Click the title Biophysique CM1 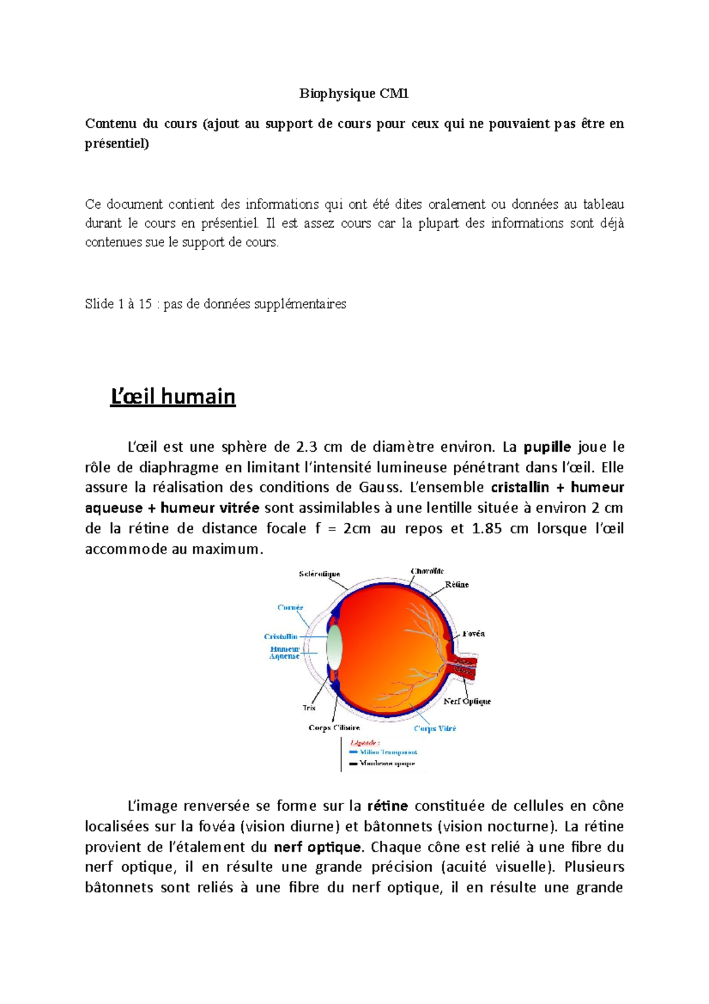click(354, 93)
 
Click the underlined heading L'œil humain click(173, 396)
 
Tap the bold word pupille click(548, 447)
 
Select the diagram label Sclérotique click(319, 574)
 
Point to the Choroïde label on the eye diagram click(427, 571)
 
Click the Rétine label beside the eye click(457, 585)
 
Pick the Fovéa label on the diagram click(473, 634)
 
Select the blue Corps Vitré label click(435, 728)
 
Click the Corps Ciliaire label click(334, 728)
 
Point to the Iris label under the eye click(309, 708)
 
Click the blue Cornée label click(290, 607)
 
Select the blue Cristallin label click(281, 637)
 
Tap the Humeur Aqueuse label click(285, 653)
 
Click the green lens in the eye click(335, 646)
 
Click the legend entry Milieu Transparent click(388, 752)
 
